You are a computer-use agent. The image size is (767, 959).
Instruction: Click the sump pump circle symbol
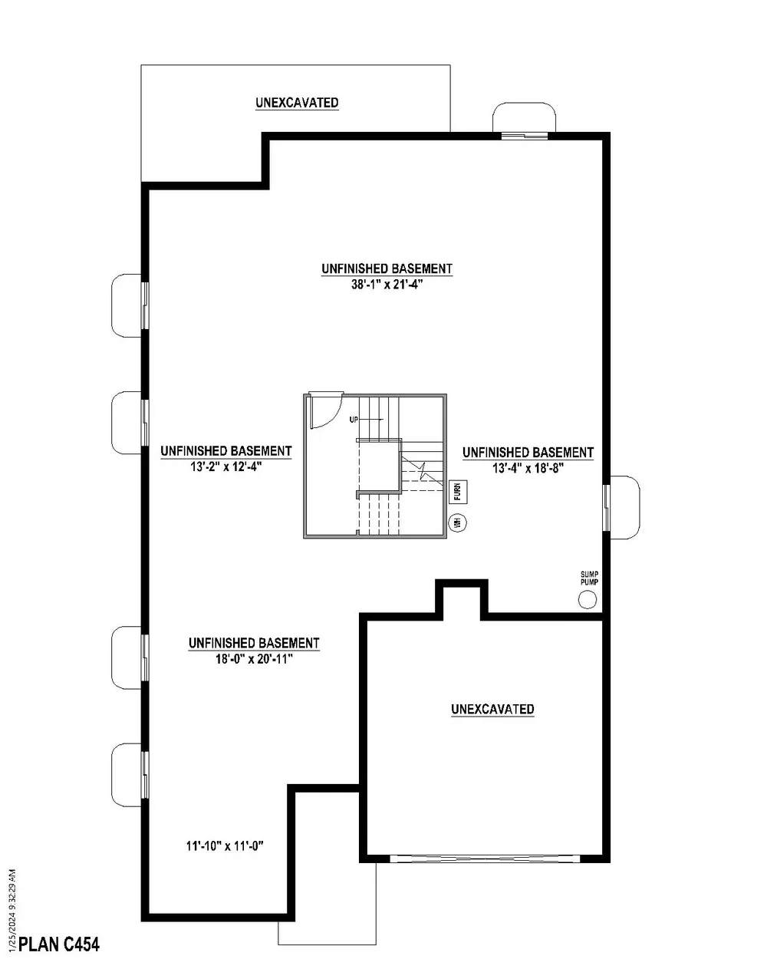[587, 599]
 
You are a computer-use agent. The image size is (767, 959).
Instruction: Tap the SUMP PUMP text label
[589, 578]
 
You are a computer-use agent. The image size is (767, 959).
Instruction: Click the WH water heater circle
[458, 522]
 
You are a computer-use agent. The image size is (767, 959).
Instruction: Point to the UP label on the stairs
[354, 420]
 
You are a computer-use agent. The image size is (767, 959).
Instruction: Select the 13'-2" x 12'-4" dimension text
[225, 466]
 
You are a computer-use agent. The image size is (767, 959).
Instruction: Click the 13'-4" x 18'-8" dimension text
[528, 468]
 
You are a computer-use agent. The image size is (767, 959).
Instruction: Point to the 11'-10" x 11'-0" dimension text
[225, 847]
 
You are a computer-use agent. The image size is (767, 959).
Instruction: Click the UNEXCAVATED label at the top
[297, 103]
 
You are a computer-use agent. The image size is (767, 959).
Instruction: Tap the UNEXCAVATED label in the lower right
[492, 710]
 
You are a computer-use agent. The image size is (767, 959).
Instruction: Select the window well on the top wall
[524, 118]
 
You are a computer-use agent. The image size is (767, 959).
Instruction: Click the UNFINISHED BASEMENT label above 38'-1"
[387, 269]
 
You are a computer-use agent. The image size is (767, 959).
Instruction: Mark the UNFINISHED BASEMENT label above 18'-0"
[253, 643]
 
